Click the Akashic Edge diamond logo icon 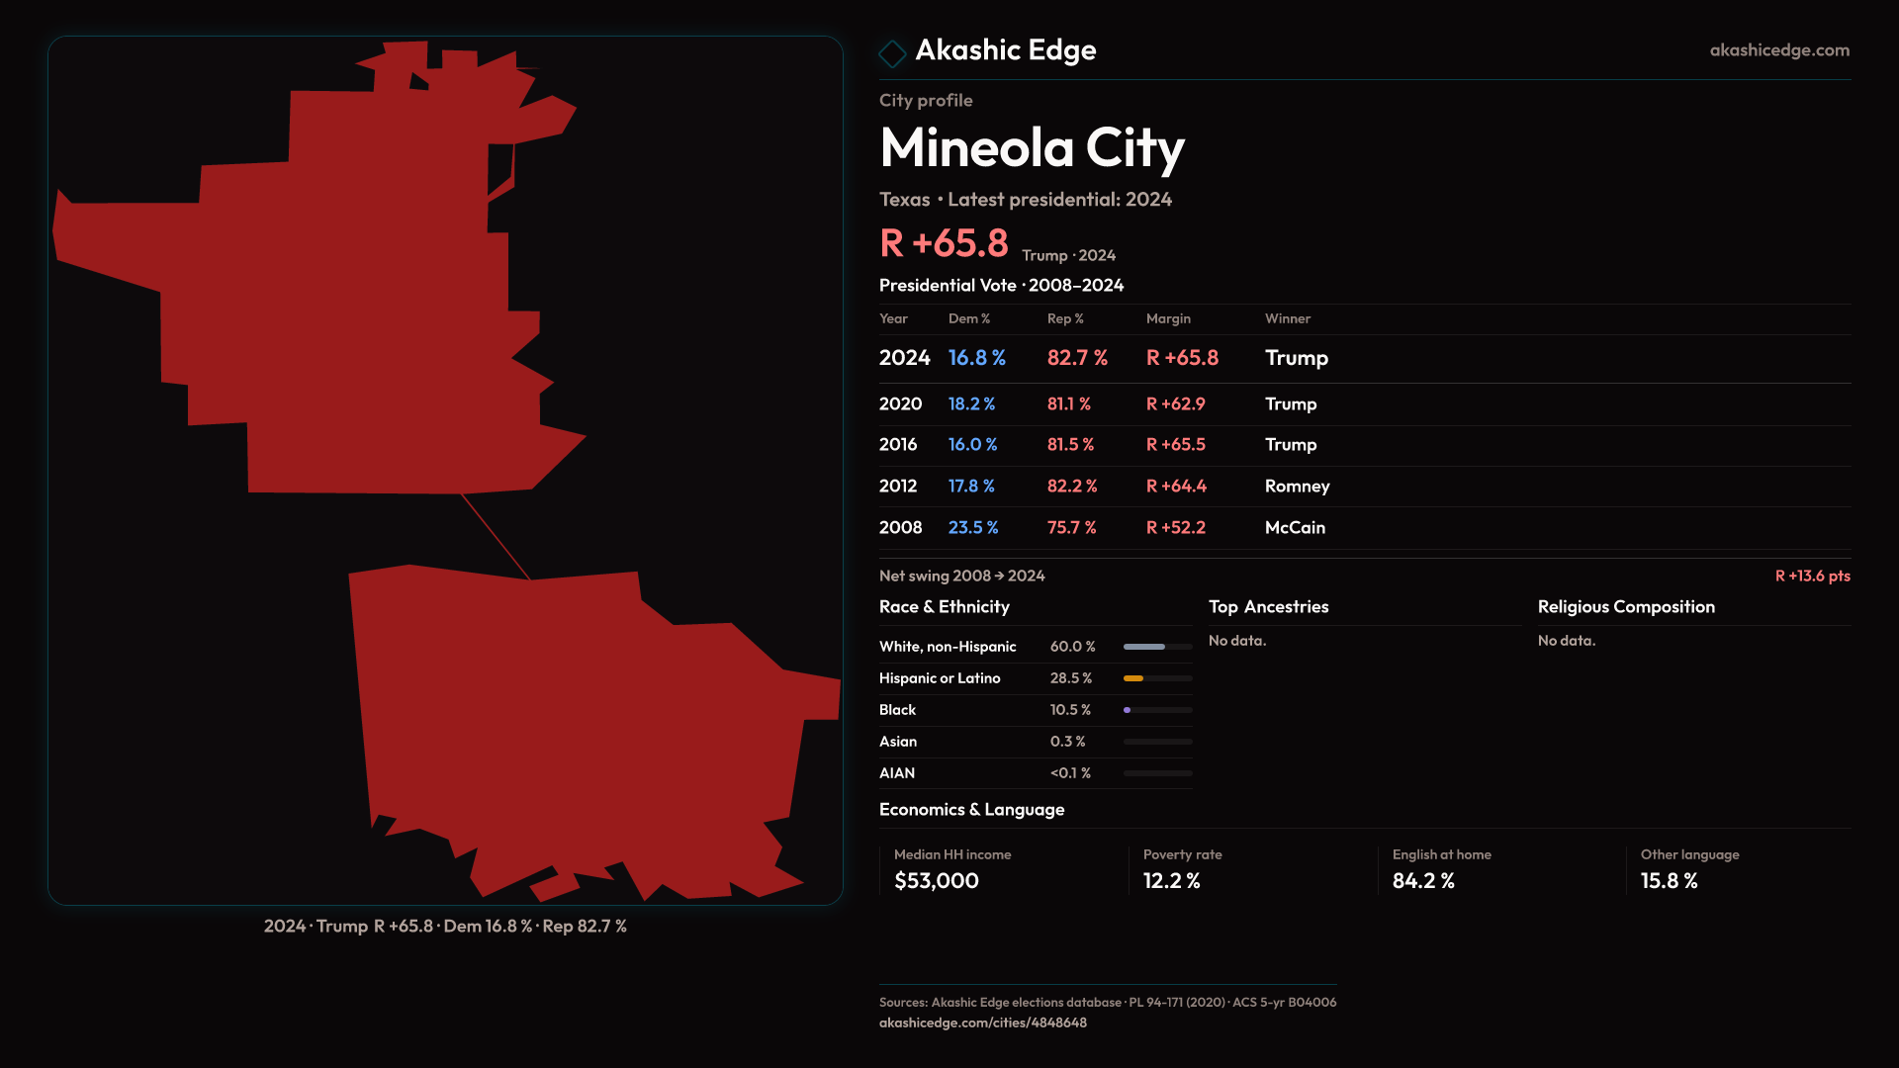coord(892,53)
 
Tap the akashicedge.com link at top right coord(1779,50)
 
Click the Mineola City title coord(1032,148)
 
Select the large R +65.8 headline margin coord(944,243)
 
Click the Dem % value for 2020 coord(971,404)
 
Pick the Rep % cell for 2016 coord(1070,445)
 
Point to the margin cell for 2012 coord(1176,487)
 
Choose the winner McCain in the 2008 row coord(1295,528)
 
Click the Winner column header coord(1287,318)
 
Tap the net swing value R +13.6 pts coord(1812,577)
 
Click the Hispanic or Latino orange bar coord(1133,678)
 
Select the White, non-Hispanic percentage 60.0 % coord(1072,647)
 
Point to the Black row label coord(897,710)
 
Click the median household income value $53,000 coord(936,881)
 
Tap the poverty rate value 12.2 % coord(1171,881)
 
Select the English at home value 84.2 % coord(1422,881)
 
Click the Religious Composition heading coord(1626,607)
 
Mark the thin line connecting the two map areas coord(496,536)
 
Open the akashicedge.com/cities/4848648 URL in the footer coord(982,1023)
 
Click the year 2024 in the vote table coord(904,358)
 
